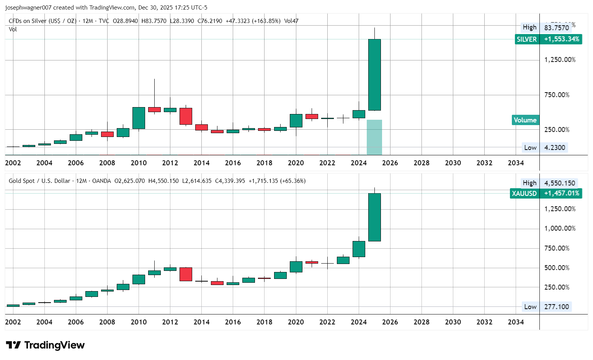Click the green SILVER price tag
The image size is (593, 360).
tap(527, 39)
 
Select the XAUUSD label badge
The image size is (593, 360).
tap(524, 193)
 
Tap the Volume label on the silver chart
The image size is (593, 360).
tap(525, 120)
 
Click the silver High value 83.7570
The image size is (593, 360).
tap(556, 28)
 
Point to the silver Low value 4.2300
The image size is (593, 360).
tap(554, 148)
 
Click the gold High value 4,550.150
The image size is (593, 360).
tap(559, 183)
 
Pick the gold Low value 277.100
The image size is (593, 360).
tap(556, 307)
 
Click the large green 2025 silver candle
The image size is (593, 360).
tap(374, 75)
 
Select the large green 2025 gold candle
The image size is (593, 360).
tap(374, 217)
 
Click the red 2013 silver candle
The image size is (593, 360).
tap(186, 116)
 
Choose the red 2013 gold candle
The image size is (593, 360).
tap(186, 274)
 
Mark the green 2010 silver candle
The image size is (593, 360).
tap(139, 118)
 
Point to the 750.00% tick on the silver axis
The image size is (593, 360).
tap(557, 95)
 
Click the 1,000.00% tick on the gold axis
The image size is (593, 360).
tap(560, 228)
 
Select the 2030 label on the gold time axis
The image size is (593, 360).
tap(453, 322)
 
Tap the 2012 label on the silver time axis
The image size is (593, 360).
tap(170, 163)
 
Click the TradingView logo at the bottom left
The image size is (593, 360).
tap(45, 345)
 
